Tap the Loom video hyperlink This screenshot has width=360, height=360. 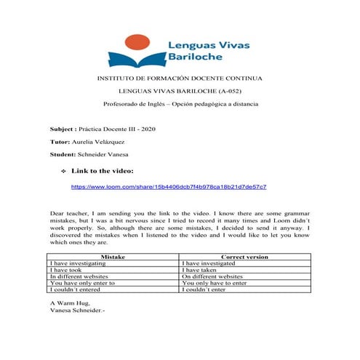[x=168, y=187]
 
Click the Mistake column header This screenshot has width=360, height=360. [x=113, y=257]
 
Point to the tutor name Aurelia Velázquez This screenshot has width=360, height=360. [x=105, y=142]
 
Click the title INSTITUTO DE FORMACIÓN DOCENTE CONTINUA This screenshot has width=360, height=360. [x=180, y=78]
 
